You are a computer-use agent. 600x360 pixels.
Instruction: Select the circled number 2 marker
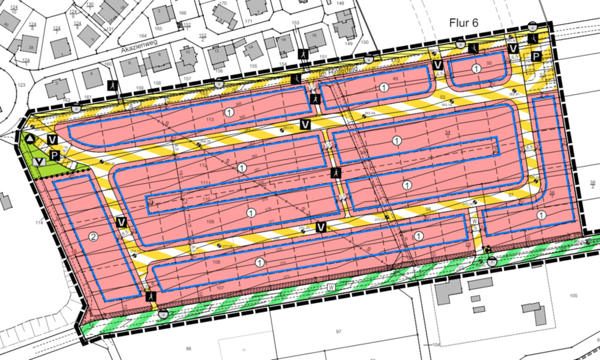tap(93, 237)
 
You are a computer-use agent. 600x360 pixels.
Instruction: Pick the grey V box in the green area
tap(40, 161)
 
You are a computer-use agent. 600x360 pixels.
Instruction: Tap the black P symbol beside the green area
tap(55, 155)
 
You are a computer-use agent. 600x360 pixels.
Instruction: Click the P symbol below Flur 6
tap(536, 56)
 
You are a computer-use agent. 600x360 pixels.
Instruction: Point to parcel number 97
tap(338, 331)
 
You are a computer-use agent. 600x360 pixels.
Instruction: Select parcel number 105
tap(573, 296)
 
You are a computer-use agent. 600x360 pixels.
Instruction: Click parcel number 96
tap(188, 349)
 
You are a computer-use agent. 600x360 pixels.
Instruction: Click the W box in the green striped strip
tap(331, 287)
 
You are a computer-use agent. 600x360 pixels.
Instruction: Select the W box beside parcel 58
tap(474, 221)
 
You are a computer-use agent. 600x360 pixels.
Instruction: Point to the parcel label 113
tap(209, 119)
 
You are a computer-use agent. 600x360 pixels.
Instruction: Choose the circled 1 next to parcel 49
tap(383, 88)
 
